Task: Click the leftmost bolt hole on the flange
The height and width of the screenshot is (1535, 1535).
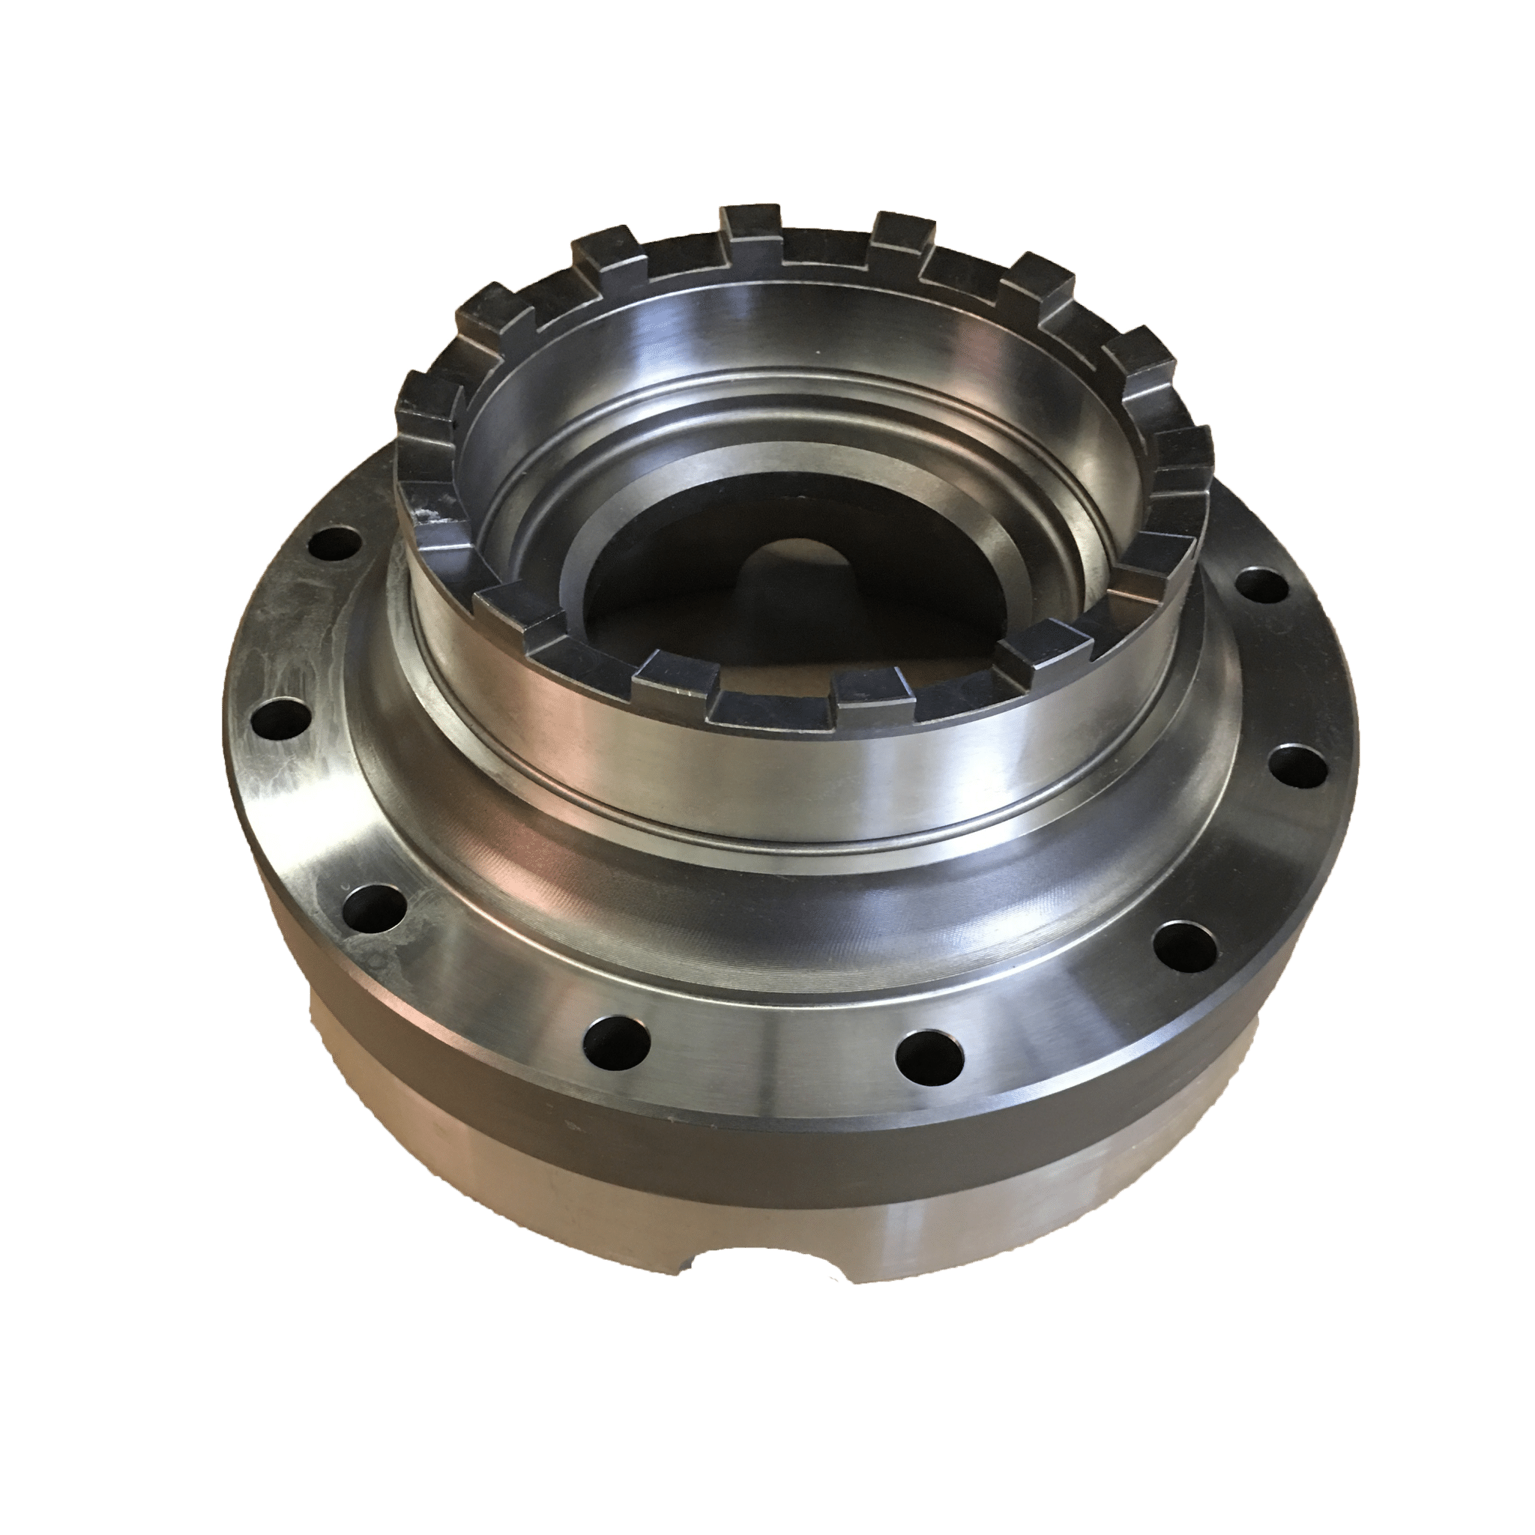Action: tap(279, 720)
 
